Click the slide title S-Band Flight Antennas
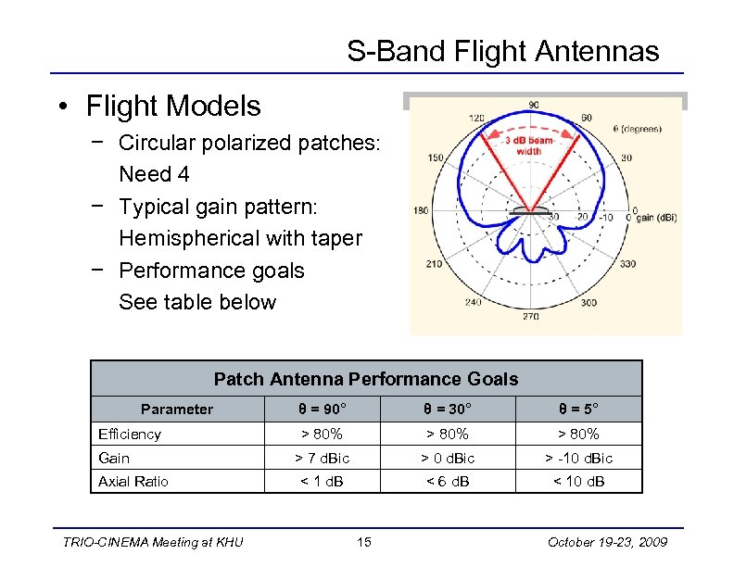coord(503,51)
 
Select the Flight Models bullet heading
coord(173,107)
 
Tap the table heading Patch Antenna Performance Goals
coord(366,379)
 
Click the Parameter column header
coord(177,409)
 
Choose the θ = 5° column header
coord(577,409)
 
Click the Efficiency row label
coord(130,434)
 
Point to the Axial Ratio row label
coord(133,481)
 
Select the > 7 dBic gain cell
coord(322,458)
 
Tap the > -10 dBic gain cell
coord(577,458)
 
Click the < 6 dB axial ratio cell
coord(448,481)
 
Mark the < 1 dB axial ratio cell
coord(322,481)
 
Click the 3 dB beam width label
coord(528,145)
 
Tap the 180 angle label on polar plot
coord(420,211)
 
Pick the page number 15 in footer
coord(365,542)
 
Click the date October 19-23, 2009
coord(607,542)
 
